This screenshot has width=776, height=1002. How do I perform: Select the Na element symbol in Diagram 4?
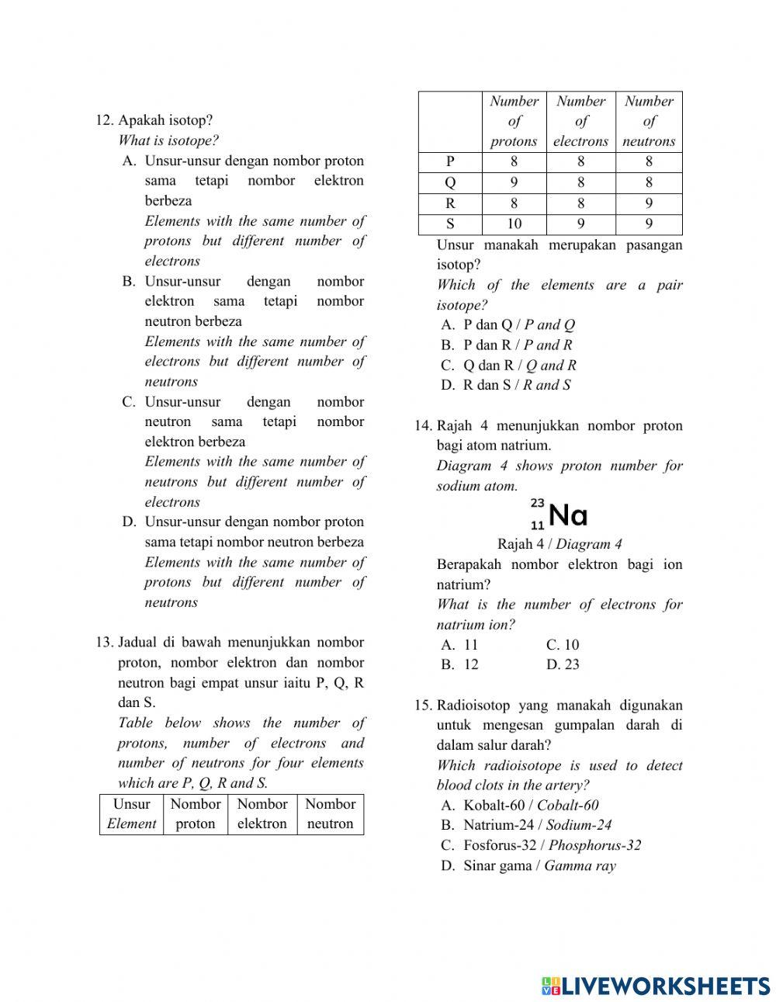coord(568,515)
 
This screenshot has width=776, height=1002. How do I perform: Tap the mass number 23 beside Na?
coord(537,503)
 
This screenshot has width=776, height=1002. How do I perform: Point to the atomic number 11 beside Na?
coord(537,525)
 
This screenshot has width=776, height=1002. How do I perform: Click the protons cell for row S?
coord(514,224)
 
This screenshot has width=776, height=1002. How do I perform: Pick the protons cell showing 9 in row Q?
coord(514,182)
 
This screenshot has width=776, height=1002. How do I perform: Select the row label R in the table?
coord(450,203)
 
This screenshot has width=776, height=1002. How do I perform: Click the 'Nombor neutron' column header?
coord(330,814)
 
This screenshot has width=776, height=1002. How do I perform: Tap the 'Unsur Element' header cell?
coord(131,814)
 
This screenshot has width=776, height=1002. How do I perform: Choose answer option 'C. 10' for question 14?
coord(563,645)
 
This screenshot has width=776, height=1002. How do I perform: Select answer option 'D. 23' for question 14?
coord(563,664)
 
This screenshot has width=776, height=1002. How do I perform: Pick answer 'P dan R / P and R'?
coord(517,345)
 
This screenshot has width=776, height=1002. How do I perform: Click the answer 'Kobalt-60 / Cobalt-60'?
coord(531,806)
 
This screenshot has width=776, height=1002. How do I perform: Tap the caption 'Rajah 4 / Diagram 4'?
coord(559,545)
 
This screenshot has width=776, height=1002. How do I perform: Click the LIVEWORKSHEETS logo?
coord(655,986)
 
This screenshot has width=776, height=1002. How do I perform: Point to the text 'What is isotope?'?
coord(168,140)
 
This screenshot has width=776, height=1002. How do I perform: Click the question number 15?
coord(423,706)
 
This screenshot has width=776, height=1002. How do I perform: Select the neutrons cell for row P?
coord(649,162)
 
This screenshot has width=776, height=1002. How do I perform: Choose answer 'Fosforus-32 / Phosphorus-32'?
coord(552,846)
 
